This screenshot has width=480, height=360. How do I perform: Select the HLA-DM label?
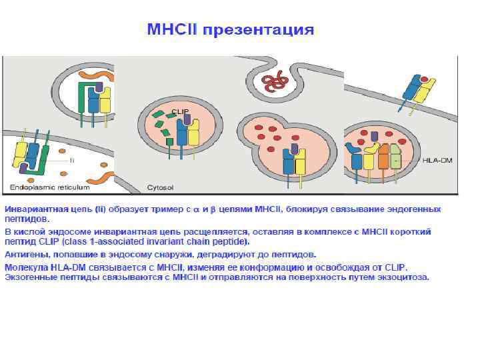(437, 161)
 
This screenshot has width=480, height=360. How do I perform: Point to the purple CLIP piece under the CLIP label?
(187, 119)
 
